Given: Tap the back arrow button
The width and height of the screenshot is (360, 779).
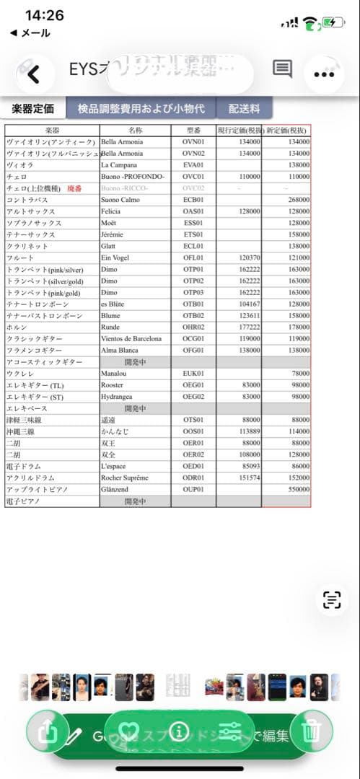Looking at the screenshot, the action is (33, 74).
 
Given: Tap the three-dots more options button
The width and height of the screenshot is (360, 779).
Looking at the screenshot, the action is (328, 73).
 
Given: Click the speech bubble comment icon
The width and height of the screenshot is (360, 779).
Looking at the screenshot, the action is (282, 69).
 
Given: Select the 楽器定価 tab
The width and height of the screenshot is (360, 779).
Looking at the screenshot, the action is (32, 109).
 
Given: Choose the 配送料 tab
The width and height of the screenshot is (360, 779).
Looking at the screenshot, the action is (245, 109).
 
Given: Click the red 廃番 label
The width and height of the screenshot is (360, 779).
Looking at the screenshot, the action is (76, 188).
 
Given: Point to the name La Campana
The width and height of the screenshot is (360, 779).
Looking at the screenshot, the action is (120, 165).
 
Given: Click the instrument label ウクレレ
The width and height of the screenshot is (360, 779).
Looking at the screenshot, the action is (19, 374).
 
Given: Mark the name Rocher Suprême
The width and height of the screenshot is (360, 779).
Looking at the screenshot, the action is (125, 477).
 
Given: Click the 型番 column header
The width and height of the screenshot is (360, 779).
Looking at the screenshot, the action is (193, 131).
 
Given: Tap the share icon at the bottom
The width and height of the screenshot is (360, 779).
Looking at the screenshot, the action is (48, 732).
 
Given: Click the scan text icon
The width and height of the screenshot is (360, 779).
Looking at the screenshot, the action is (331, 599).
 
